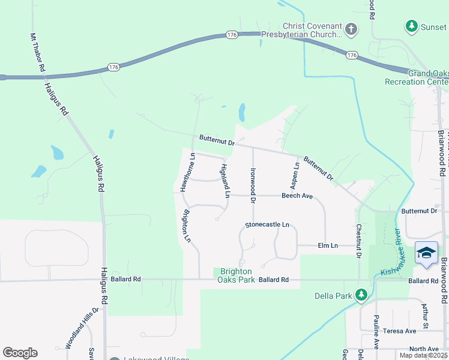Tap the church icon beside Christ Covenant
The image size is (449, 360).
coord(352,29)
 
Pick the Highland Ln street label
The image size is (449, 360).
coord(224,181)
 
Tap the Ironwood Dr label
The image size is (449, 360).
coord(252,181)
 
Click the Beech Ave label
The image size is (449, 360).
coord(297,196)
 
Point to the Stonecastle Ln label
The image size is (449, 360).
coord(267,225)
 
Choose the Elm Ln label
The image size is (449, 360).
coord(327,245)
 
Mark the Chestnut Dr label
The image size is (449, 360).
coord(358,241)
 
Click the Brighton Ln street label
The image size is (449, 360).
coord(187,226)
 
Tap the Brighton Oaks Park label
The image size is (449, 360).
coord(235,275)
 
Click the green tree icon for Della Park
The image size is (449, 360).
coord(361,295)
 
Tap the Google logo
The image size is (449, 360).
coord(20,352)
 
